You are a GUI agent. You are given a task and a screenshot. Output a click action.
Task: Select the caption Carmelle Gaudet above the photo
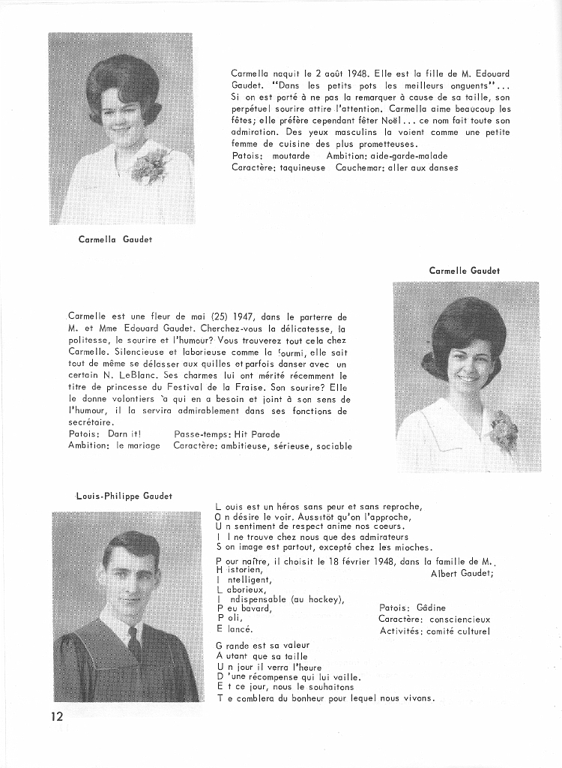click(x=465, y=270)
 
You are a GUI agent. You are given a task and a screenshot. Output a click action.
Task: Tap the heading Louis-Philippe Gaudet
click(x=124, y=496)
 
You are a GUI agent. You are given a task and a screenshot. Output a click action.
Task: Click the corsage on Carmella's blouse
click(x=149, y=165)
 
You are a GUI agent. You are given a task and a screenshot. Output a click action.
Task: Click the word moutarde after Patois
click(x=291, y=156)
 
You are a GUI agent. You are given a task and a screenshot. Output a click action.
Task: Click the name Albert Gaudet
click(x=461, y=574)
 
